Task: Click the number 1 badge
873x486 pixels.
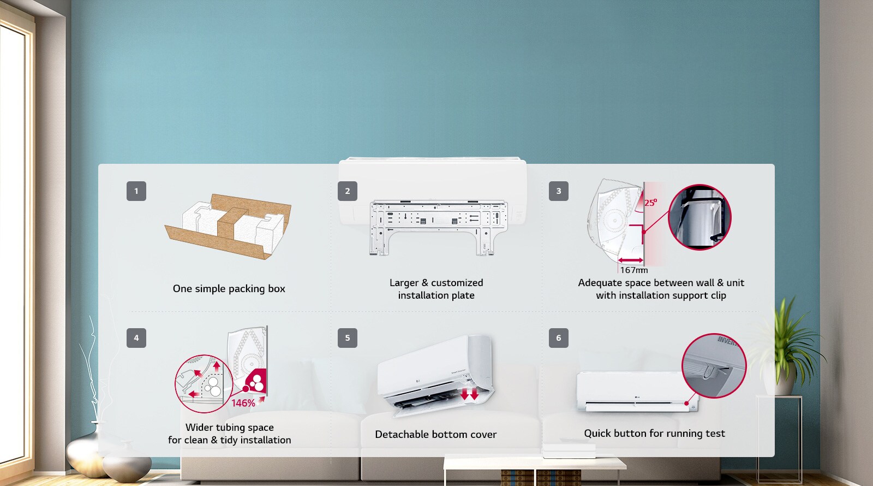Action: [136, 191]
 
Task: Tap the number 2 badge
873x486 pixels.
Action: [348, 191]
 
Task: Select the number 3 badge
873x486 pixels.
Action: [559, 191]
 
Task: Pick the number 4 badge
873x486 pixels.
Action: [136, 338]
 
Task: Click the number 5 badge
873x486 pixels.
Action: [348, 338]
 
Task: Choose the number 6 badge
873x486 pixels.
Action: [559, 338]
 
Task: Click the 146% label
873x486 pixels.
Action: [243, 403]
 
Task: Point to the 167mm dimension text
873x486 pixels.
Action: [634, 270]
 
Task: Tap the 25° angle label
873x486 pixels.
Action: [650, 203]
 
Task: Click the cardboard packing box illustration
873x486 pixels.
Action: [228, 225]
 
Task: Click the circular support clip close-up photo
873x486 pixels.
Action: [699, 217]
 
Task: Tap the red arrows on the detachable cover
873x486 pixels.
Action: [469, 394]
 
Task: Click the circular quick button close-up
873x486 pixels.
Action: [714, 365]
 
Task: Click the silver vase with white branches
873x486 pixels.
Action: [93, 437]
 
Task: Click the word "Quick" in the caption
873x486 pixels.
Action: [597, 433]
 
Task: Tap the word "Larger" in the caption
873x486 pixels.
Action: [404, 282]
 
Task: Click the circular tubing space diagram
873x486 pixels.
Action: [204, 383]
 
